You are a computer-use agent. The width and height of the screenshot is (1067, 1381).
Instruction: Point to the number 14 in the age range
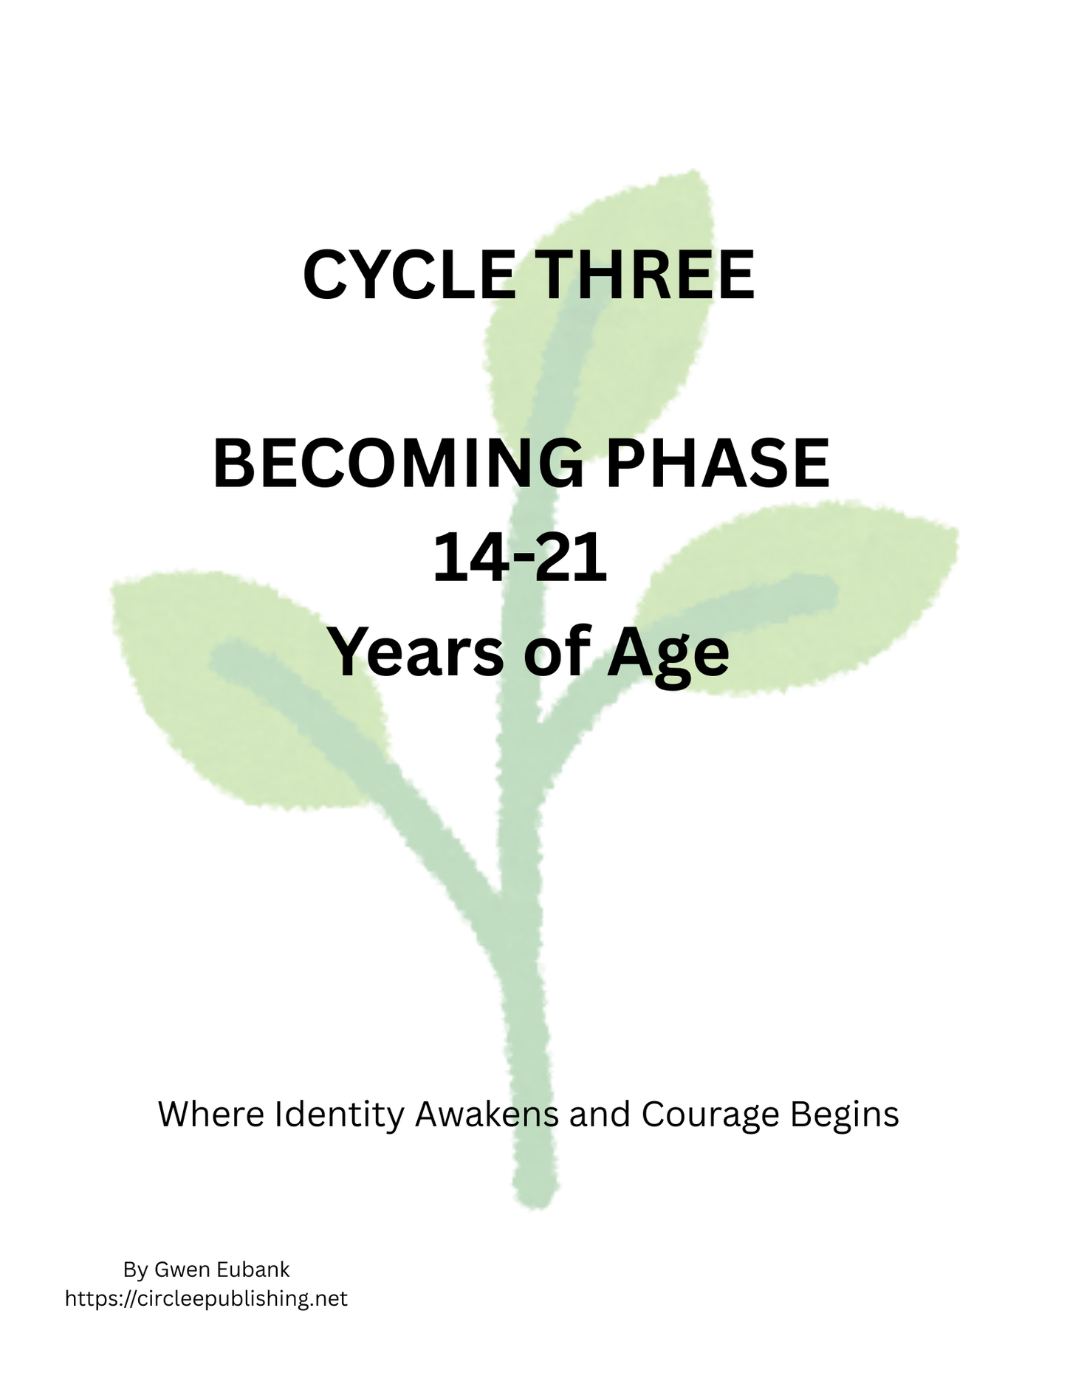point(463,559)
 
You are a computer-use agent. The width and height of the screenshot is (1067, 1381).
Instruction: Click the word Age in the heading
point(668,655)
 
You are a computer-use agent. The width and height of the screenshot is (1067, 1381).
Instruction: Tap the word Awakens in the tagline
point(487,1115)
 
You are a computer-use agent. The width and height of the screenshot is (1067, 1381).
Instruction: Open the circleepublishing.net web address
point(206,1298)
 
